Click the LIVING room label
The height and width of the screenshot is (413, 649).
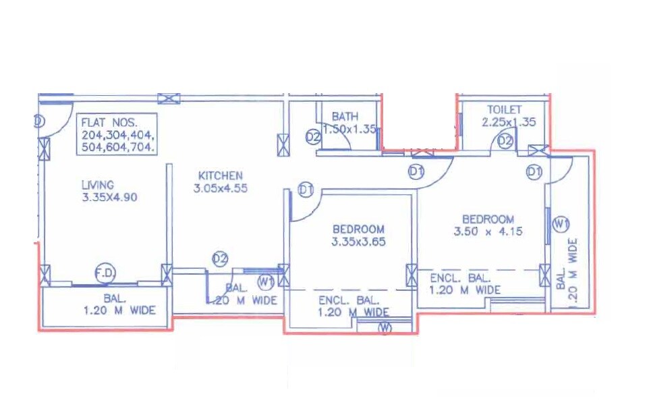(x=98, y=184)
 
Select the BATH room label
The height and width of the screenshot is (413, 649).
(x=345, y=117)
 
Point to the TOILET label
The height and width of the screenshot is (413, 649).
(x=505, y=109)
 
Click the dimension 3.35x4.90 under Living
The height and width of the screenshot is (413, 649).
(x=109, y=197)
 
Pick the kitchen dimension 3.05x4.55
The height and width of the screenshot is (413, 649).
(x=220, y=189)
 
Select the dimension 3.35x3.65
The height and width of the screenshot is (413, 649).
(x=358, y=242)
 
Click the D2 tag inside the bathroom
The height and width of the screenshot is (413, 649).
(x=312, y=137)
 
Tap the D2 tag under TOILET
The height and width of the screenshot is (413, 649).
(x=505, y=142)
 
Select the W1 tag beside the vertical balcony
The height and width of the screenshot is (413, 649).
(x=560, y=223)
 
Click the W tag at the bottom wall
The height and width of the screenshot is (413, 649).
(x=385, y=329)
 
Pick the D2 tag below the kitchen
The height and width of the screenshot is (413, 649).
(x=220, y=258)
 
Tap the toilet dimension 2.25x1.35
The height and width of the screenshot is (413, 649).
(x=508, y=122)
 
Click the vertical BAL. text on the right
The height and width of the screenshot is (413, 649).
(x=561, y=279)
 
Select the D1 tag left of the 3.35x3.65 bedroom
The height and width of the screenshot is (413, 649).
(x=306, y=190)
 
